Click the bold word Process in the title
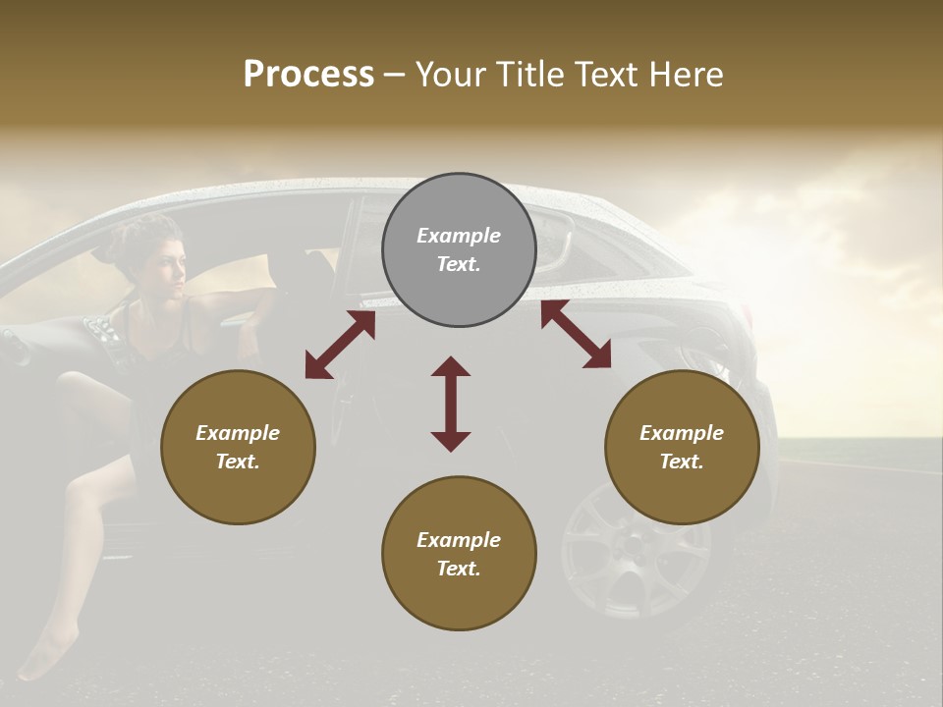(308, 75)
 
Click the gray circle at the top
(459, 250)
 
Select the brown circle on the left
(238, 447)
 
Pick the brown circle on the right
(682, 447)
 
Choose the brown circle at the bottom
(459, 554)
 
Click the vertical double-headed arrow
(451, 404)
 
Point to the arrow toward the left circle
(340, 345)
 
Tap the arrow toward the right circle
(576, 335)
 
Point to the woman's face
(169, 265)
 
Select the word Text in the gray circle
(458, 265)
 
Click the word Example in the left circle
(238, 433)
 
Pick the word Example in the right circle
(682, 433)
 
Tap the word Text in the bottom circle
(458, 569)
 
